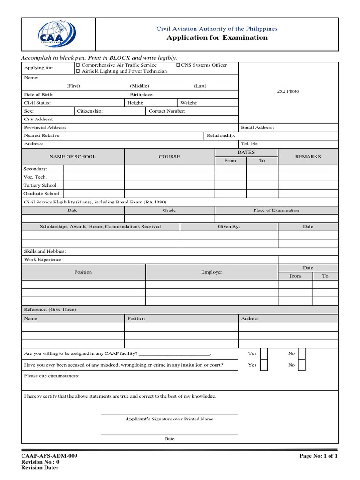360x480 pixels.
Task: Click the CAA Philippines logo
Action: click(58, 34)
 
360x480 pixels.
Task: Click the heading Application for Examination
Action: click(217, 38)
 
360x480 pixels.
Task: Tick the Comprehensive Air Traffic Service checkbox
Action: click(78, 65)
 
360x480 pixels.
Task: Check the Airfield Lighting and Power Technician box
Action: click(78, 71)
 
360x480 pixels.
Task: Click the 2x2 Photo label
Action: click(288, 91)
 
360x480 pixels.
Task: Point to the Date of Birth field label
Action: click(39, 95)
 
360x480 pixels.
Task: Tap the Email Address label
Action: click(257, 127)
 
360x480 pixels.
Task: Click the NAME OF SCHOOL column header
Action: click(73, 157)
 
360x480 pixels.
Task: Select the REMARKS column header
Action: click(307, 157)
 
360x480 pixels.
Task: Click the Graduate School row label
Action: click(42, 193)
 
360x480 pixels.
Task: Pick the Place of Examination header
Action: click(276, 210)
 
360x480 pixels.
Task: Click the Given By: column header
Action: click(229, 226)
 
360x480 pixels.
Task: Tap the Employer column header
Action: click(211, 272)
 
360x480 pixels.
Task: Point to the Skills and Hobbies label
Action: click(45, 251)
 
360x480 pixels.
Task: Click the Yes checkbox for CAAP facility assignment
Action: click(264, 353)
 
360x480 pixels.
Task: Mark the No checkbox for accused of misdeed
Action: click(301, 365)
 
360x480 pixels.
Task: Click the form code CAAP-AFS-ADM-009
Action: click(50, 456)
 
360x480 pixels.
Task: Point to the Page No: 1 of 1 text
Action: click(318, 456)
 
